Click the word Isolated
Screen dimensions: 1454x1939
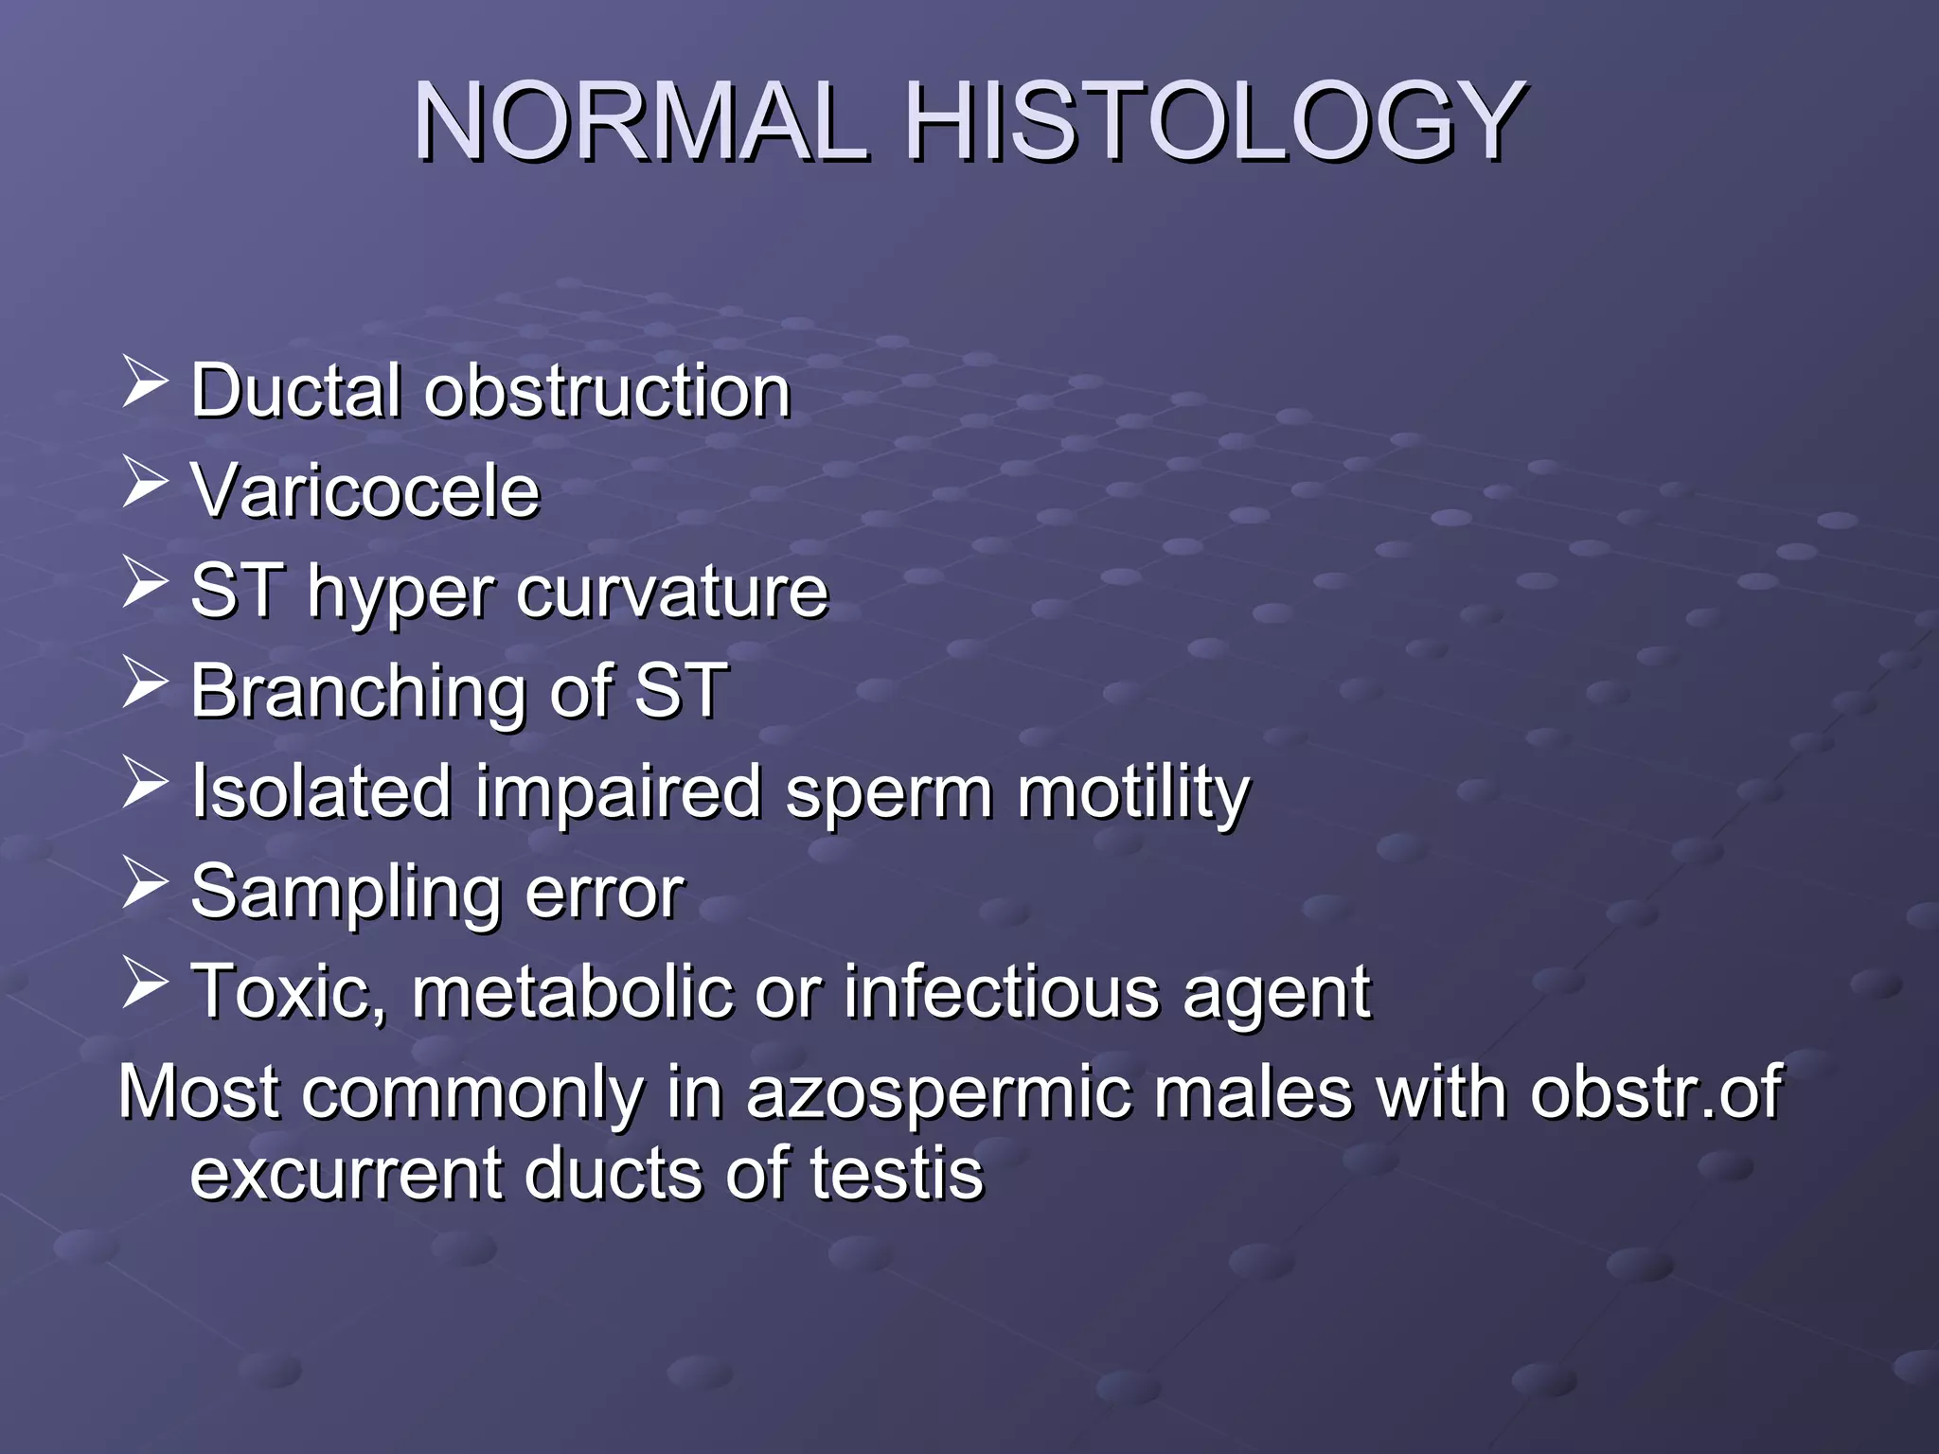[321, 791]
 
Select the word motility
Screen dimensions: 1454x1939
[1133, 793]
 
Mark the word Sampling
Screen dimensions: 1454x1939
[345, 893]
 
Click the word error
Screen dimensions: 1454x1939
[604, 893]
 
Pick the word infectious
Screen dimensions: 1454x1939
[1001, 992]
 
